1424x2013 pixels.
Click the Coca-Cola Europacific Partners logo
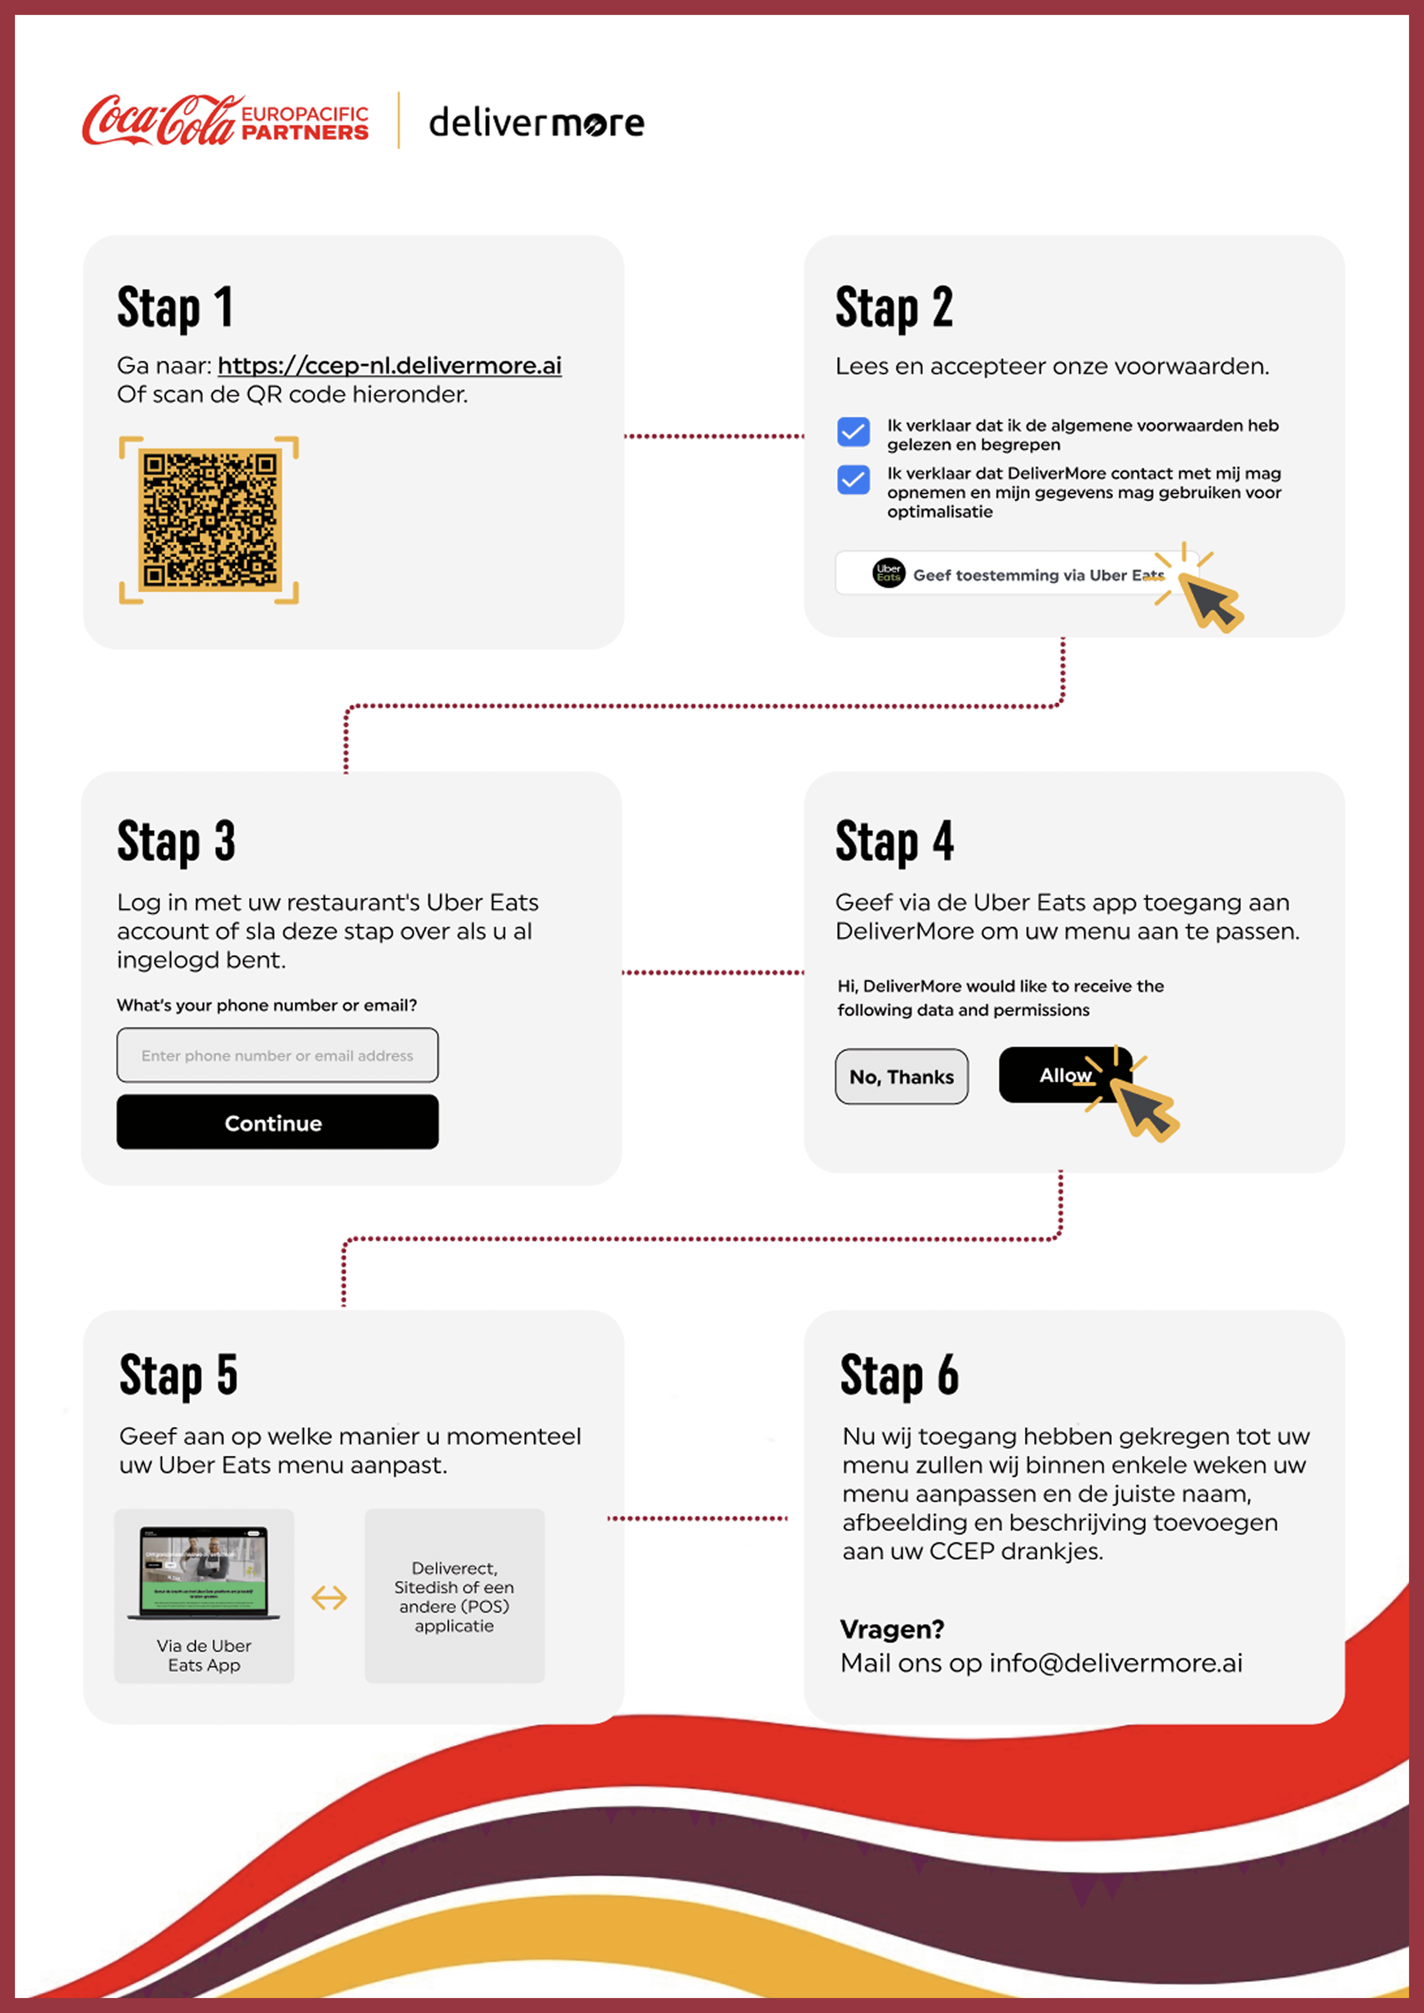tap(225, 121)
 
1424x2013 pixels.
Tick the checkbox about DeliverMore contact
tap(852, 480)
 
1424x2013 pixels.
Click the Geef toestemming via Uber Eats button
tap(1017, 574)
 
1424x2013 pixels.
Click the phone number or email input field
tap(277, 1056)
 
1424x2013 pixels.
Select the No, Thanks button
tap(901, 1077)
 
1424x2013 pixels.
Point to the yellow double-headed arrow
tap(329, 1597)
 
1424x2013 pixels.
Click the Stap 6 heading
tap(899, 1375)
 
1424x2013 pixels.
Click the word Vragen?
tap(892, 1629)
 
